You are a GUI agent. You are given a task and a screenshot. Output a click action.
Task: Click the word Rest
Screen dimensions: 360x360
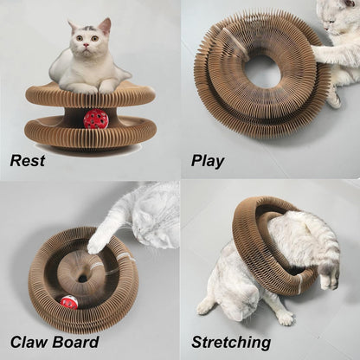pyautogui.click(x=28, y=160)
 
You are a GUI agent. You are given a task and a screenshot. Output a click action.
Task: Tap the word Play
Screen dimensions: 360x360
pyautogui.click(x=208, y=161)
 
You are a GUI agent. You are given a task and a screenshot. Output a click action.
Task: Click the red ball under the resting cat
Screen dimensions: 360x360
pyautogui.click(x=95, y=119)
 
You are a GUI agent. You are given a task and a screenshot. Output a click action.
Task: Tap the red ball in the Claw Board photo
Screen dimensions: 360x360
pyautogui.click(x=69, y=301)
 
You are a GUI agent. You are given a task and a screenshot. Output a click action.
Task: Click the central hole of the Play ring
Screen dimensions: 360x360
pyautogui.click(x=260, y=71)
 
